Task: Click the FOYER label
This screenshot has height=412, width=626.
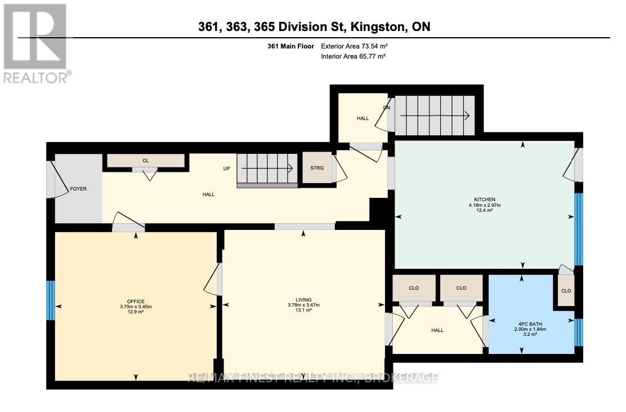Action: (x=78, y=189)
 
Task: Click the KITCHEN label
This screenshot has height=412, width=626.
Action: (x=484, y=200)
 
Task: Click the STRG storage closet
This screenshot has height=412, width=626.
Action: (x=317, y=167)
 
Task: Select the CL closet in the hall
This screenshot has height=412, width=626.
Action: (x=145, y=161)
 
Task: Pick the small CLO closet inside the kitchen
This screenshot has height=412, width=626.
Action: (x=566, y=291)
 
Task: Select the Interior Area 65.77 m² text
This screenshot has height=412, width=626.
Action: (x=352, y=56)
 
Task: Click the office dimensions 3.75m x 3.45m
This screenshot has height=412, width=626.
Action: (x=136, y=307)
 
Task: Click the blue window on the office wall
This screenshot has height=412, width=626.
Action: (x=51, y=301)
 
